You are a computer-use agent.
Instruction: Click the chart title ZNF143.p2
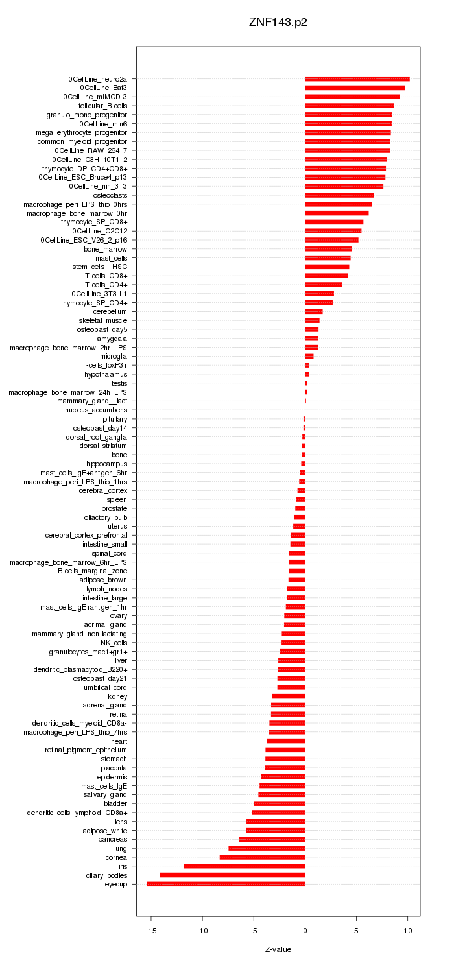tap(278, 22)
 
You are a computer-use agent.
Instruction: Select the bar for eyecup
tap(226, 884)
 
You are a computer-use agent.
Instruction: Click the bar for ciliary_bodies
tap(232, 875)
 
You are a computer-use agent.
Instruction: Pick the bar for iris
tap(244, 866)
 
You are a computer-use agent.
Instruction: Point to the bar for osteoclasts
tap(339, 195)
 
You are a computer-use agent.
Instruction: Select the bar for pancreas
tap(272, 839)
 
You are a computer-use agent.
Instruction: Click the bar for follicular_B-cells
tap(349, 106)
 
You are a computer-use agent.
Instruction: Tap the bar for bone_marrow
tap(328, 249)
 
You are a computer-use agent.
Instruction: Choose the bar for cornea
tap(262, 857)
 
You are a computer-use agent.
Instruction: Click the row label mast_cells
tap(111, 258)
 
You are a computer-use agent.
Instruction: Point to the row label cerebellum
tap(110, 312)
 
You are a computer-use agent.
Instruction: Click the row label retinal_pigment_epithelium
tap(86, 750)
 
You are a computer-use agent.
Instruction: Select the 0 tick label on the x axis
tap(305, 931)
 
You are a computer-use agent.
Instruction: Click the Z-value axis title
tap(278, 949)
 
